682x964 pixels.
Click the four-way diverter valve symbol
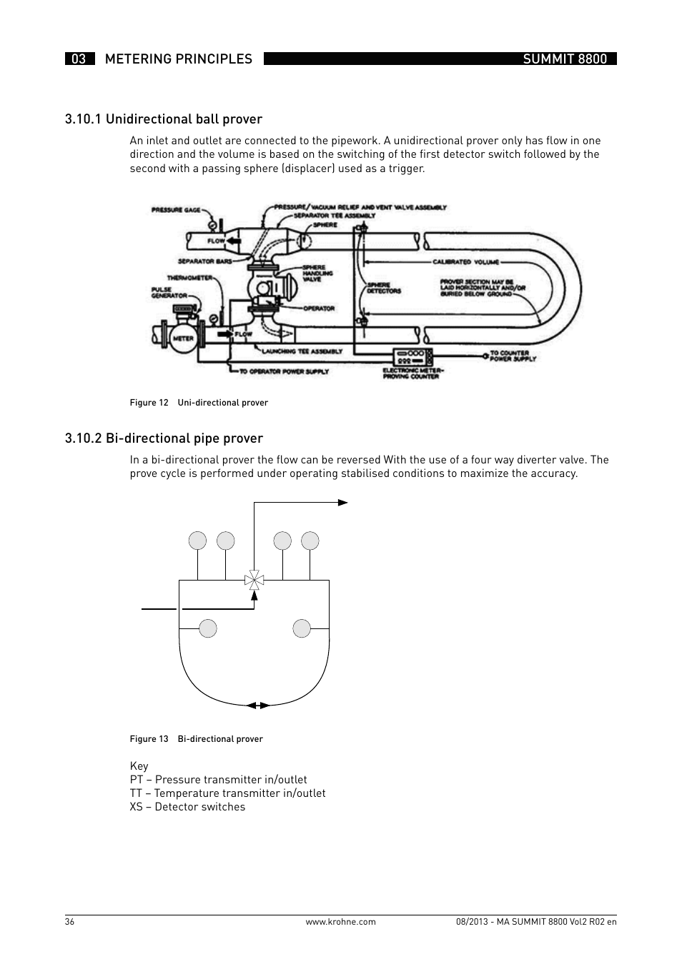(254, 580)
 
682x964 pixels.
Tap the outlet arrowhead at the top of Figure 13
(343, 503)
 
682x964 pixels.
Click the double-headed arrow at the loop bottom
(258, 705)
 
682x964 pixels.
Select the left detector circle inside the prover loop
(208, 628)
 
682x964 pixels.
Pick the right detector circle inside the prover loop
(302, 628)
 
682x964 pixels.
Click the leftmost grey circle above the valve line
(198, 541)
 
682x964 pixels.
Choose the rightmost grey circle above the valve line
(310, 541)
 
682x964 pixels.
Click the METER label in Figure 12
(183, 338)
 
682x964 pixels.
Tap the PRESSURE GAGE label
(176, 211)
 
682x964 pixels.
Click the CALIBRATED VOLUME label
(465, 262)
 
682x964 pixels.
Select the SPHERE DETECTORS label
(384, 288)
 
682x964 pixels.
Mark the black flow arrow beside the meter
(224, 333)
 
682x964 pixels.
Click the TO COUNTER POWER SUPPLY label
(512, 356)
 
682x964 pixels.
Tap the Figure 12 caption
(199, 403)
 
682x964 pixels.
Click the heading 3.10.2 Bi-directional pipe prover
(164, 438)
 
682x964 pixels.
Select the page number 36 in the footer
(69, 922)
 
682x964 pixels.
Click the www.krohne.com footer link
(340, 922)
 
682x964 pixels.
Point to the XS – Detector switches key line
(187, 807)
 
